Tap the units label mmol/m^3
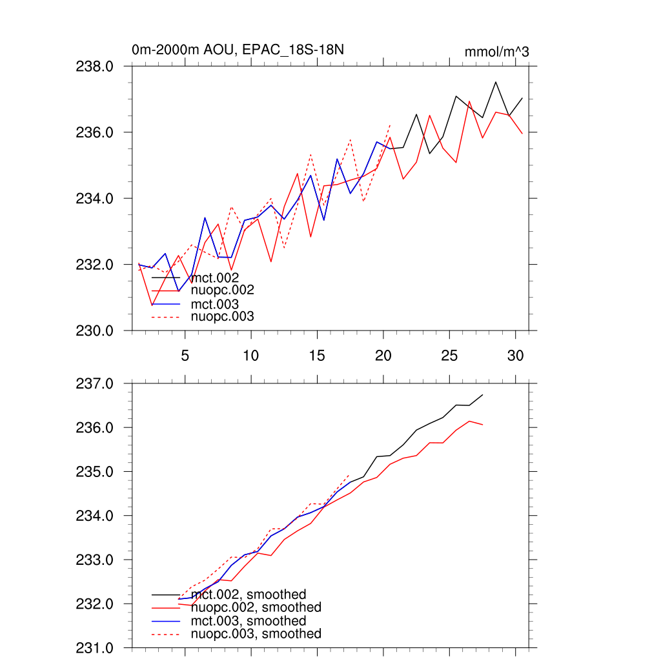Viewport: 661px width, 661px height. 496,52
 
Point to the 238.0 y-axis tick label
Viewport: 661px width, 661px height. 96,66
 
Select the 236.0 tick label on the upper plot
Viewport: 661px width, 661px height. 96,132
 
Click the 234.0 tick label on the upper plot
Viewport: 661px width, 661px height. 96,198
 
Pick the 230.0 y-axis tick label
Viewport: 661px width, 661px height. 96,330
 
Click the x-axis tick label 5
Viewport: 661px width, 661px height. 185,355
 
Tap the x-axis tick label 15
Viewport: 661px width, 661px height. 316,355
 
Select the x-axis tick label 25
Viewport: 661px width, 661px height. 449,355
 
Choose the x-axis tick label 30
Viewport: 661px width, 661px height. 515,355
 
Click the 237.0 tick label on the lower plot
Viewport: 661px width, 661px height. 96,383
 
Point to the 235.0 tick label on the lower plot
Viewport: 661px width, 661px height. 96,472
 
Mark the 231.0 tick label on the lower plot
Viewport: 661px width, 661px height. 96,647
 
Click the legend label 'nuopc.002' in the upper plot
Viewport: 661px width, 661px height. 219,290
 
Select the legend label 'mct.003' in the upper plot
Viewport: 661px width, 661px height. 215,304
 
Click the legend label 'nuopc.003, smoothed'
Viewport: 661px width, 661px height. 256,634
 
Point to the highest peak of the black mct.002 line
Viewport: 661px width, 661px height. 496,82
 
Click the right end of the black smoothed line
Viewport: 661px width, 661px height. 483,394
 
